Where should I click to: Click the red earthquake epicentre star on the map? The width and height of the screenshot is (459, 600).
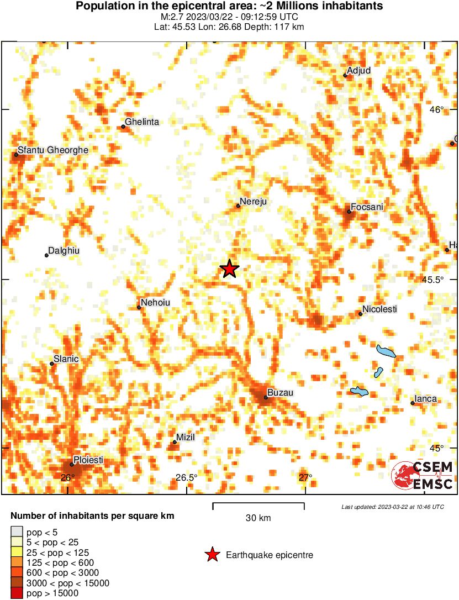tap(229, 269)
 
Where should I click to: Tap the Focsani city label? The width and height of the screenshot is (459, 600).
tap(368, 207)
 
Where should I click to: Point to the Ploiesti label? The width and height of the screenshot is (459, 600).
tap(89, 460)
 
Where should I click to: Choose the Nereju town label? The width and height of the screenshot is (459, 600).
tap(254, 202)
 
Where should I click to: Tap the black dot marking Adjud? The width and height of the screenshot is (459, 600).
tap(345, 75)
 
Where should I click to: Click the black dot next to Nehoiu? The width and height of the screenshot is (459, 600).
tap(139, 307)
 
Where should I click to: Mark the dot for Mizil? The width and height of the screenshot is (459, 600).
tap(175, 442)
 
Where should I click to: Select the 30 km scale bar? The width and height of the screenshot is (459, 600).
tap(258, 503)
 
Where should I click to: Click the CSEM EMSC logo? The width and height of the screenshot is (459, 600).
tap(423, 476)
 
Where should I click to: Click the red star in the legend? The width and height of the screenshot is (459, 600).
tap(212, 555)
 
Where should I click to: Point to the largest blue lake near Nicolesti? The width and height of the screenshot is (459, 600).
tap(386, 351)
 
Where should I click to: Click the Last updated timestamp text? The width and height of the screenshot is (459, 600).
tap(392, 507)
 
